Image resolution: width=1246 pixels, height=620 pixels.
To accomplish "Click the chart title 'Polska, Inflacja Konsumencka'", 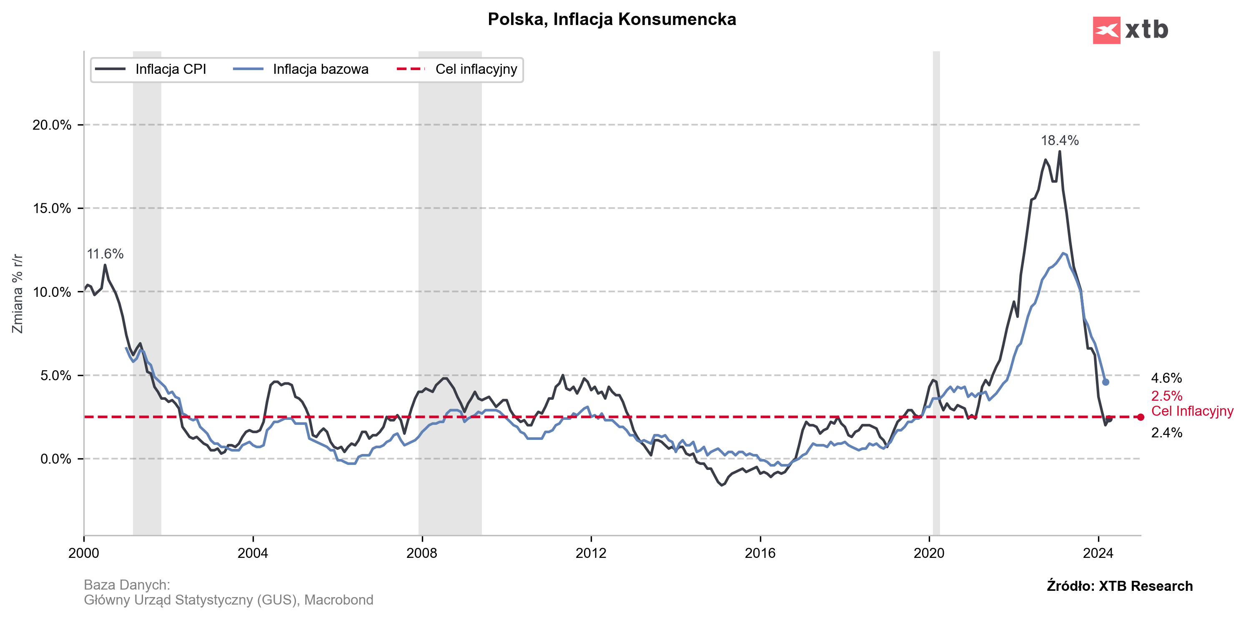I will click(612, 19).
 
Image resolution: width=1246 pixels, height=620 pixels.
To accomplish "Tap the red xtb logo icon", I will click(1106, 30).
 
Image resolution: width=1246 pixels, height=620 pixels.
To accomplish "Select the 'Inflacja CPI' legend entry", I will click(170, 69).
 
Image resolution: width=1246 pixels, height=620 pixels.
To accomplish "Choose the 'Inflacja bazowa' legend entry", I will click(320, 69).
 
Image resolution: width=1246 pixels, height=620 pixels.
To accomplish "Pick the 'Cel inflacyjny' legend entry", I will click(476, 69).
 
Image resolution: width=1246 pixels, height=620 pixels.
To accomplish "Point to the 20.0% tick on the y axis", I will click(52, 125).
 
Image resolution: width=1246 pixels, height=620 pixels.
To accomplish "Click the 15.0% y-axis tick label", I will click(52, 208).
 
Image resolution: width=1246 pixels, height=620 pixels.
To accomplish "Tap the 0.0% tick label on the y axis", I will click(55, 459).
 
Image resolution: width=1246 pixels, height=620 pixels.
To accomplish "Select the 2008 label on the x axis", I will click(421, 553).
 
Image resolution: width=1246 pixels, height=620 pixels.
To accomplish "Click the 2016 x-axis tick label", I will click(760, 553).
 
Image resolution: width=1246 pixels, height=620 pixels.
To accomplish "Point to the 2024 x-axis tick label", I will click(1098, 553).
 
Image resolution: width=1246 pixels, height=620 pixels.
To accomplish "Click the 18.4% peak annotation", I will click(1060, 141).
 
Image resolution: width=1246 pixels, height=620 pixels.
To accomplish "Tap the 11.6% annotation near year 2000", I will click(105, 254).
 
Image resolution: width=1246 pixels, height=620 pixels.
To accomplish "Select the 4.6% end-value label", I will click(1166, 378).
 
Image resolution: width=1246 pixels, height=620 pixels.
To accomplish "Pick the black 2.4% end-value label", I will click(1166, 433).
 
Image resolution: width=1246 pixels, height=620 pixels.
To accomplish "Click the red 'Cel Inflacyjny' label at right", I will click(1192, 411).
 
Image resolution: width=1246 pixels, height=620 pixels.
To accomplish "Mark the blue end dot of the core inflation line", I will click(1106, 382).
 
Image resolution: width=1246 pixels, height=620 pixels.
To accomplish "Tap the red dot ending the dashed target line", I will click(1141, 417).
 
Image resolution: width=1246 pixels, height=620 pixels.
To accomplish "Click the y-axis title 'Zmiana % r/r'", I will click(18, 294).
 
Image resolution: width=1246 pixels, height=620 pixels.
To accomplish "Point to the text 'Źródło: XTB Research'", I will click(1119, 586).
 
